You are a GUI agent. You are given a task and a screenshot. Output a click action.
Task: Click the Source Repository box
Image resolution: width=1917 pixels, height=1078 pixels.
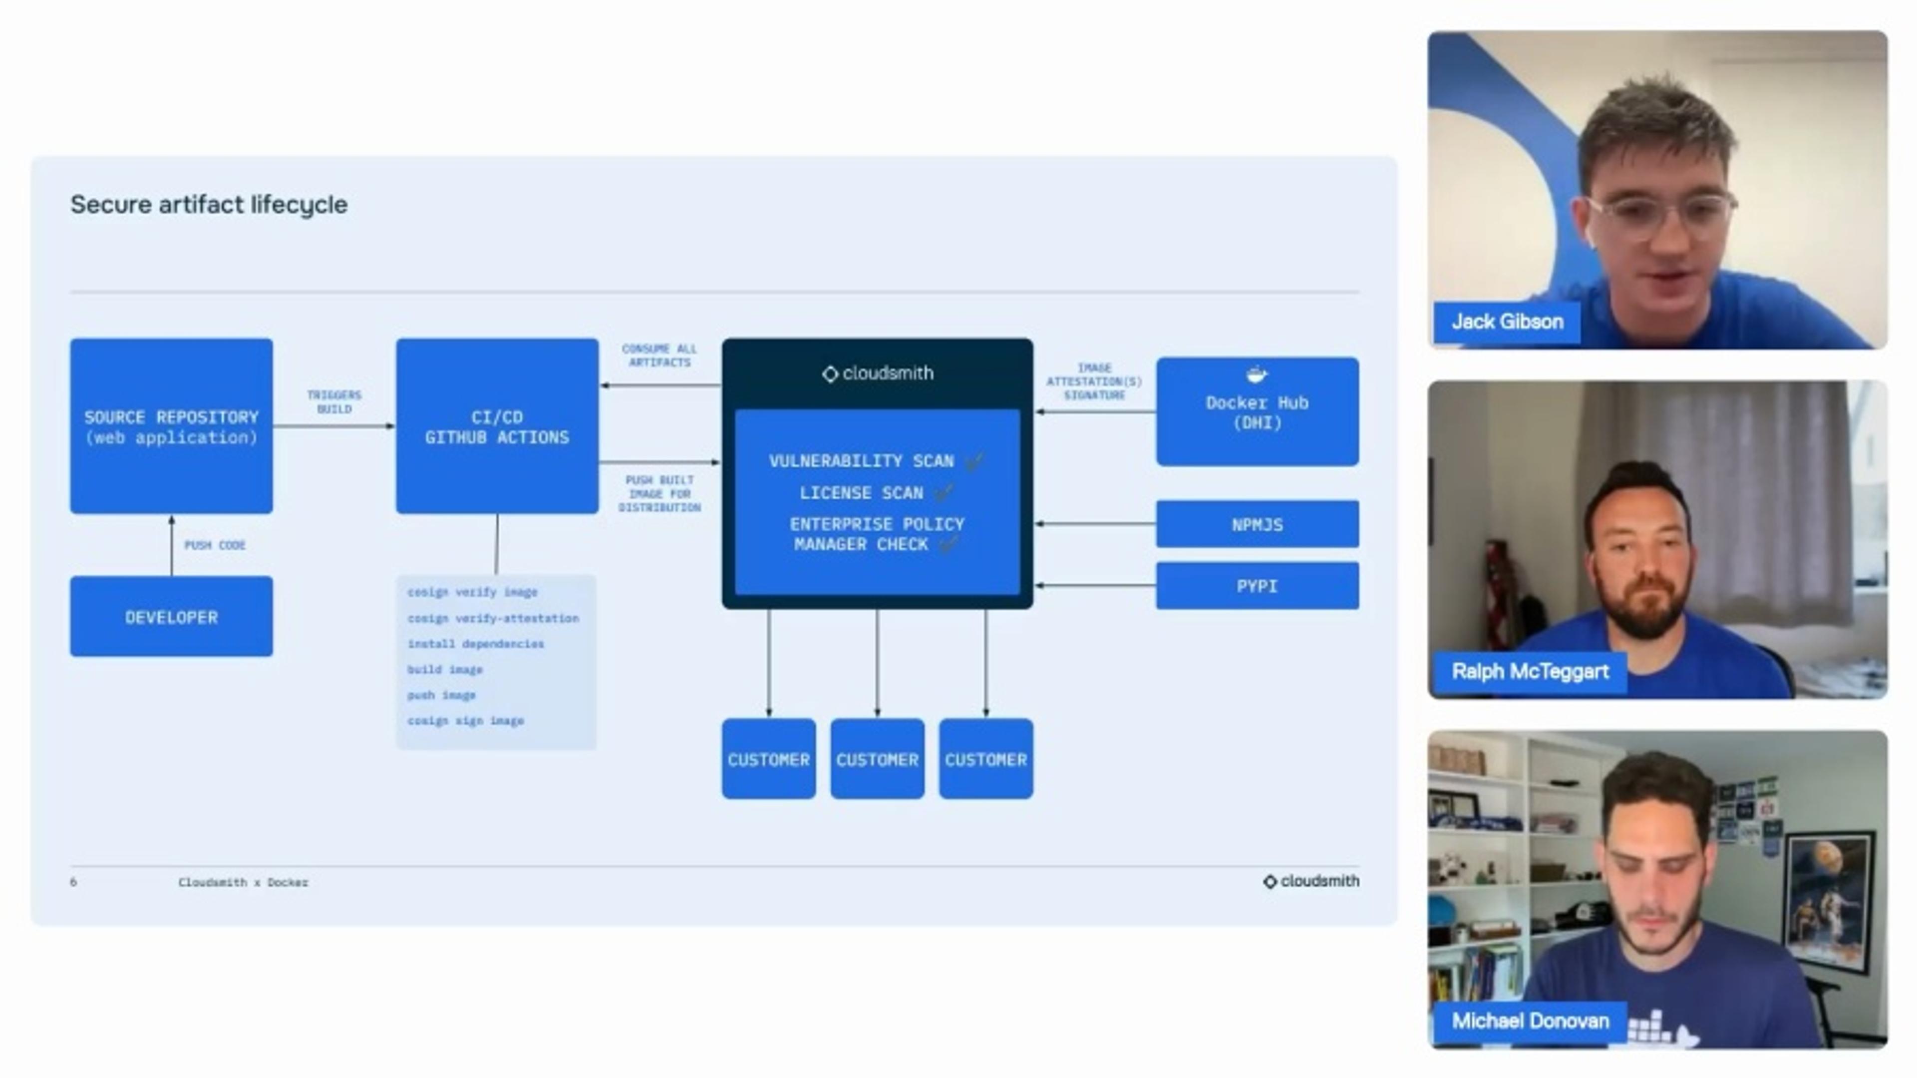coord(171,426)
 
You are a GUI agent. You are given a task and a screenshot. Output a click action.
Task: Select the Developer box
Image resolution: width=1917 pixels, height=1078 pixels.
coord(171,617)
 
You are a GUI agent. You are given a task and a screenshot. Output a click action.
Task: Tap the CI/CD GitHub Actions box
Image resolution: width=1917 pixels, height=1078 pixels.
coord(496,426)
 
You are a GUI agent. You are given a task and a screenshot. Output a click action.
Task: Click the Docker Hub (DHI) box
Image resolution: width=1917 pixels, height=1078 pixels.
coord(1257,412)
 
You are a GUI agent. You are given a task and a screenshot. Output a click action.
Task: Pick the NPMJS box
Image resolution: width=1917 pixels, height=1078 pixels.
coord(1257,524)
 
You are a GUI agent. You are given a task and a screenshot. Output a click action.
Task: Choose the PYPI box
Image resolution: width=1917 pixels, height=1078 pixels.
coord(1257,586)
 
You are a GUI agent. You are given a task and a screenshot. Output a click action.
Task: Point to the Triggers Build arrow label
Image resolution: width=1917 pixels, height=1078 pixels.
coord(334,402)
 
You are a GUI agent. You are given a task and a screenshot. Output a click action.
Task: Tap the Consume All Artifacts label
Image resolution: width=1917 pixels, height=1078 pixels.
coord(659,355)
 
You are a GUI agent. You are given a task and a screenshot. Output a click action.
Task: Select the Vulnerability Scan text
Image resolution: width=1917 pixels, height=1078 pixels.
coord(861,461)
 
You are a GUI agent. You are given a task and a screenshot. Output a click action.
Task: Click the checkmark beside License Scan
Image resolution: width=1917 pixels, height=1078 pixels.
coord(944,492)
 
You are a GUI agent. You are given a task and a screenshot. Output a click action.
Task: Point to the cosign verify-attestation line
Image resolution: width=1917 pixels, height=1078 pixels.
coord(493,618)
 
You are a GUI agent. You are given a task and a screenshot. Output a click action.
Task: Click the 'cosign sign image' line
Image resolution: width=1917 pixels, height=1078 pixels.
coord(465,720)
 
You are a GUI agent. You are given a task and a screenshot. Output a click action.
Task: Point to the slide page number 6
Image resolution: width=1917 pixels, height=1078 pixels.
coord(73,882)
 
